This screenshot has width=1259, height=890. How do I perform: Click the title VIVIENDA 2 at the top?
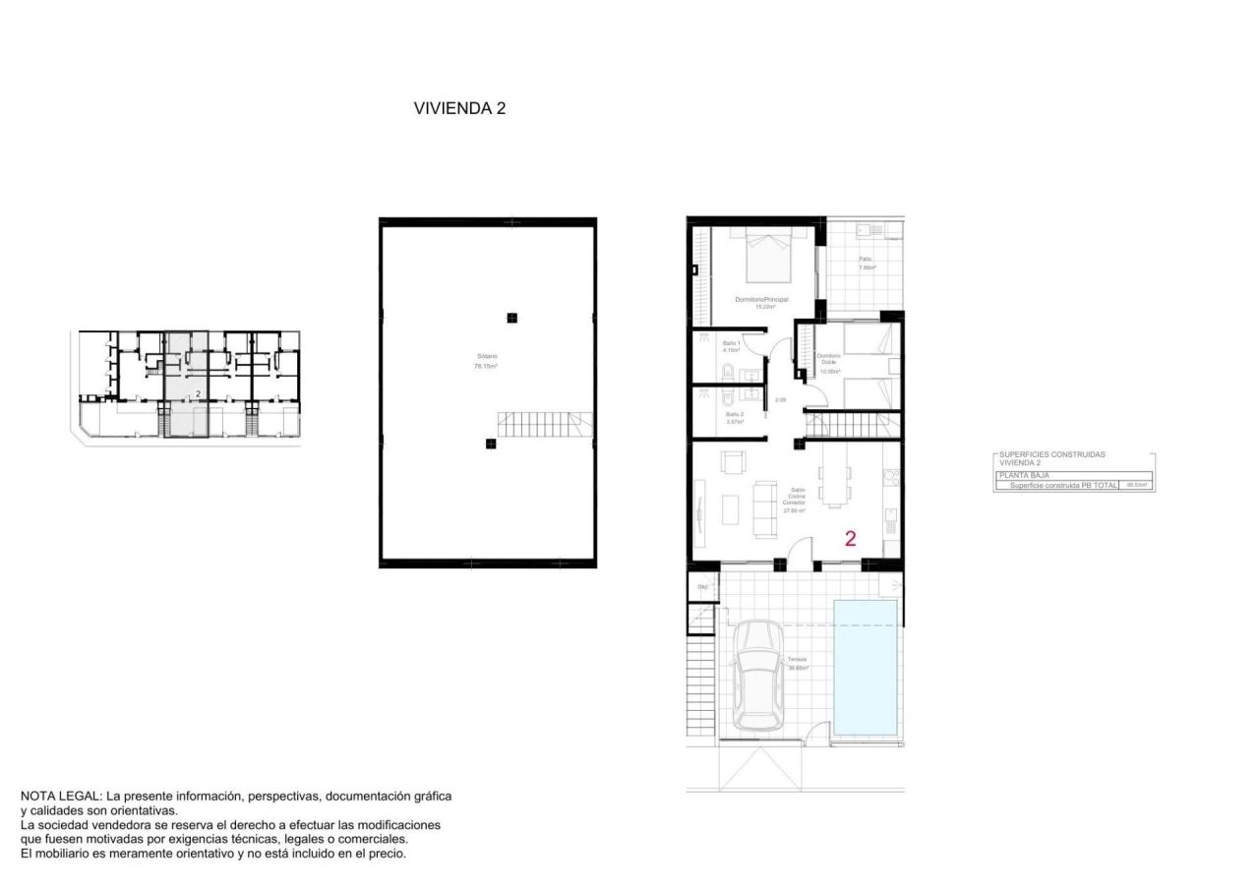click(459, 109)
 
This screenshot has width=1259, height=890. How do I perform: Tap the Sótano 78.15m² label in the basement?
click(486, 361)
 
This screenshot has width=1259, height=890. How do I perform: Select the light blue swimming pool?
click(866, 666)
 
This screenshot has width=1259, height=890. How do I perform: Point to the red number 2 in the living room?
click(851, 538)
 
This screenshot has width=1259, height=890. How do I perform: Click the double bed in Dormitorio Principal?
click(766, 256)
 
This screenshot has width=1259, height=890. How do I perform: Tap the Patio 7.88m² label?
click(866, 264)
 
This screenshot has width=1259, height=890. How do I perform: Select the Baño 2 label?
click(734, 418)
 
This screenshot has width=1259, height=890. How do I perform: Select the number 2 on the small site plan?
click(199, 393)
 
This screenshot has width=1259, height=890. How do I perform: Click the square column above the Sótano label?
click(511, 317)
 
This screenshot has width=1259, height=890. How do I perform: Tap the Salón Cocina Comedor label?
click(795, 500)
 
